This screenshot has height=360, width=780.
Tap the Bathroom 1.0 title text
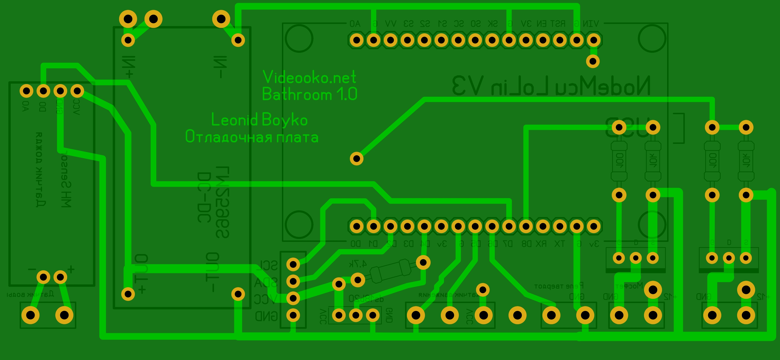[309, 94]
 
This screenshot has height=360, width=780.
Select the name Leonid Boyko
[259, 120]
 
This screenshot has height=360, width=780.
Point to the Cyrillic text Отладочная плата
[252, 137]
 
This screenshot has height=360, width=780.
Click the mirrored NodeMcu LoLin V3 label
[551, 86]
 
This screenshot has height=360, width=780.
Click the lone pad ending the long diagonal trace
[356, 158]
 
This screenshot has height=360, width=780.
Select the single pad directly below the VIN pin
[593, 61]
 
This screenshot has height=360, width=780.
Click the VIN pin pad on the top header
[593, 40]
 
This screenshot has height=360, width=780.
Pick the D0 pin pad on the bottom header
[356, 226]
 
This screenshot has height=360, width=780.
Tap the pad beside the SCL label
[293, 264]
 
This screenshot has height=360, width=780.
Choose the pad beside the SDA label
[293, 281]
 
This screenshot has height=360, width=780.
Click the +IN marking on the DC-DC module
[129, 67]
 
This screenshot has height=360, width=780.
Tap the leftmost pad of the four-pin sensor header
[26, 91]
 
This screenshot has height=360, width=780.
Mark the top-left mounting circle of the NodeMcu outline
[299, 38]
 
